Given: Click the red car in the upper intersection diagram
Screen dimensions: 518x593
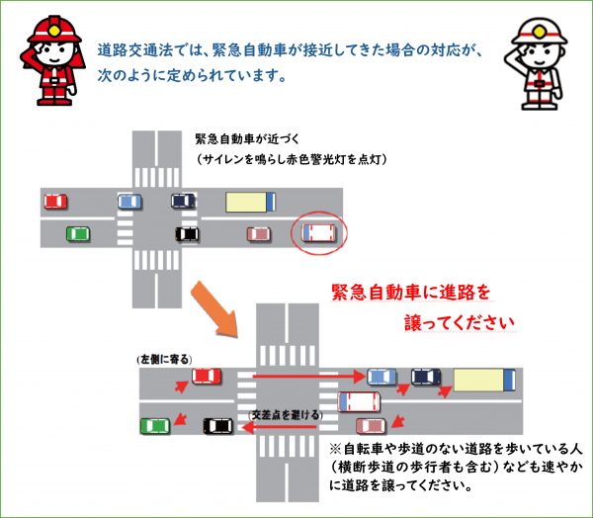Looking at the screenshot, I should [x=56, y=202].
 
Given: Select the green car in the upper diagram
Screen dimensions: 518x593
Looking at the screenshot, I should [x=77, y=234].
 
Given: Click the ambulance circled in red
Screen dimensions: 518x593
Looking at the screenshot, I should [x=319, y=234].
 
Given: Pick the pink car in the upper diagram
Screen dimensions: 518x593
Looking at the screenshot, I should [x=259, y=234].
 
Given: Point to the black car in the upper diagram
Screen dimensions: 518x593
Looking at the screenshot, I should [x=187, y=234].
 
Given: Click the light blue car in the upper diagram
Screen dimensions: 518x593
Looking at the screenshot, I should [x=129, y=202].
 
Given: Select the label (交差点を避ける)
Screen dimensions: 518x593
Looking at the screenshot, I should [x=286, y=415].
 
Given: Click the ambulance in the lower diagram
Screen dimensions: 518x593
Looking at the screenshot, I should [x=360, y=402].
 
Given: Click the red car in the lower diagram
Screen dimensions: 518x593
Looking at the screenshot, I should [x=207, y=376].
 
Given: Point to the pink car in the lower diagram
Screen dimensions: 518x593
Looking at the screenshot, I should [x=372, y=426].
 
